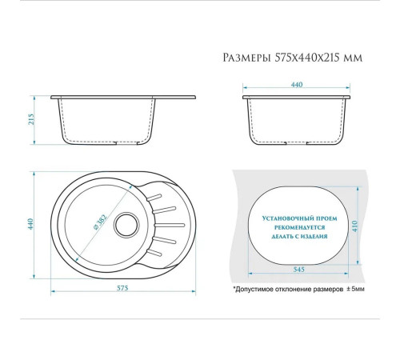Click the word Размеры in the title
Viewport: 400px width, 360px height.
[x=246, y=58]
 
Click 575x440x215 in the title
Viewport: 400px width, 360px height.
[x=307, y=58]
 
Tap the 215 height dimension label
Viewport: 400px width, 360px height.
[x=31, y=119]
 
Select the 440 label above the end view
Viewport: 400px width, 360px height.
[x=297, y=85]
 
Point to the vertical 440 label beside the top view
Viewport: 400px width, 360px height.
[x=30, y=224]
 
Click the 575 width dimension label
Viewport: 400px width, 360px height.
[x=122, y=288]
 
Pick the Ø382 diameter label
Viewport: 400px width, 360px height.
[x=100, y=222]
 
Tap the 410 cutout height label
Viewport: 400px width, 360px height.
[x=354, y=226]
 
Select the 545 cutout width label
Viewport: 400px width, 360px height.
[x=298, y=270]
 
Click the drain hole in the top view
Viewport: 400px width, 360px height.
[x=126, y=225]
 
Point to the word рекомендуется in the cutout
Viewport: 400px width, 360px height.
[x=300, y=227]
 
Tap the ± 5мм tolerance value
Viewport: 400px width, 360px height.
[x=355, y=289]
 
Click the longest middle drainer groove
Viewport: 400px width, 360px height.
[x=170, y=226]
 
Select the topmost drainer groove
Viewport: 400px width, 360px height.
[x=154, y=198]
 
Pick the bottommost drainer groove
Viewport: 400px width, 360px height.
[x=154, y=253]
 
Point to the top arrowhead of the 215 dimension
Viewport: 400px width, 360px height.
[x=34, y=98]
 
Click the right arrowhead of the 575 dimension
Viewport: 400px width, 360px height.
[x=194, y=291]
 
